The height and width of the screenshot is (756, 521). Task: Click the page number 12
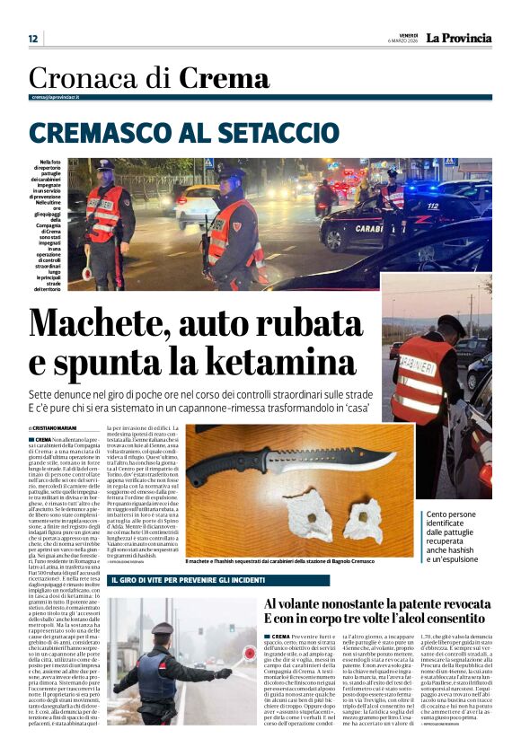click(33, 39)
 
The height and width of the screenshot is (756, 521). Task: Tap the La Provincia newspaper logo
click(458, 38)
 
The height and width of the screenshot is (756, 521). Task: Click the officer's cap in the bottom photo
click(163, 629)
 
